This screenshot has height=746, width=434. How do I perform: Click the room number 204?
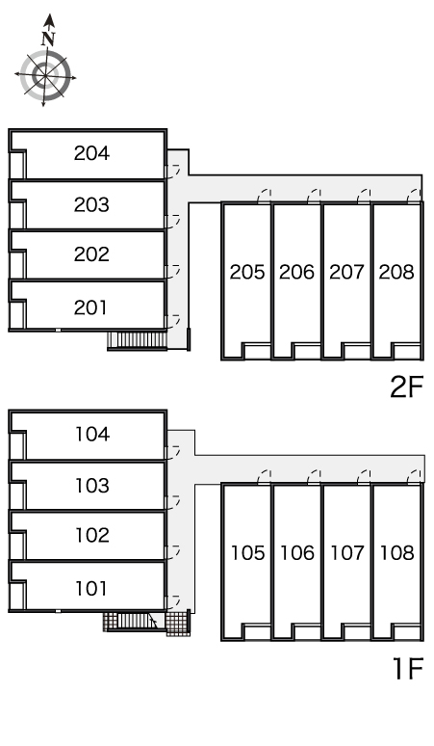pyautogui.click(x=91, y=153)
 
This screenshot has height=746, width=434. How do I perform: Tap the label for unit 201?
pyautogui.click(x=90, y=307)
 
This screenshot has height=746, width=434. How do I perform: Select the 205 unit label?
pyautogui.click(x=247, y=272)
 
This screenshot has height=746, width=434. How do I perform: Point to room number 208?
pyautogui.click(x=396, y=272)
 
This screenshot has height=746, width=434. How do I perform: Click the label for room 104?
pyautogui.click(x=92, y=434)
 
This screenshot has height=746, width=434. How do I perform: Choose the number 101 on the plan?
pyautogui.click(x=91, y=589)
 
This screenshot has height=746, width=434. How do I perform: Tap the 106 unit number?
pyautogui.click(x=297, y=553)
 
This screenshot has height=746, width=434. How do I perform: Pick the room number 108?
pyautogui.click(x=397, y=553)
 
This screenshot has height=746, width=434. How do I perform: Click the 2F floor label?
pyautogui.click(x=406, y=386)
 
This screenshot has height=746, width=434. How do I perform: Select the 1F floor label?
pyautogui.click(x=408, y=668)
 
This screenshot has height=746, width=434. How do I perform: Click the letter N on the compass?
pyautogui.click(x=48, y=39)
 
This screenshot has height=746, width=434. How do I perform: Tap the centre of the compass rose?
pyautogui.click(x=45, y=75)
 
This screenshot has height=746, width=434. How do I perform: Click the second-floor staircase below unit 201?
pyautogui.click(x=138, y=340)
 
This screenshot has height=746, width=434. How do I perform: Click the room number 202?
pyautogui.click(x=91, y=254)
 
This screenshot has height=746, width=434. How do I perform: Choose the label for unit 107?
pyautogui.click(x=347, y=553)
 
